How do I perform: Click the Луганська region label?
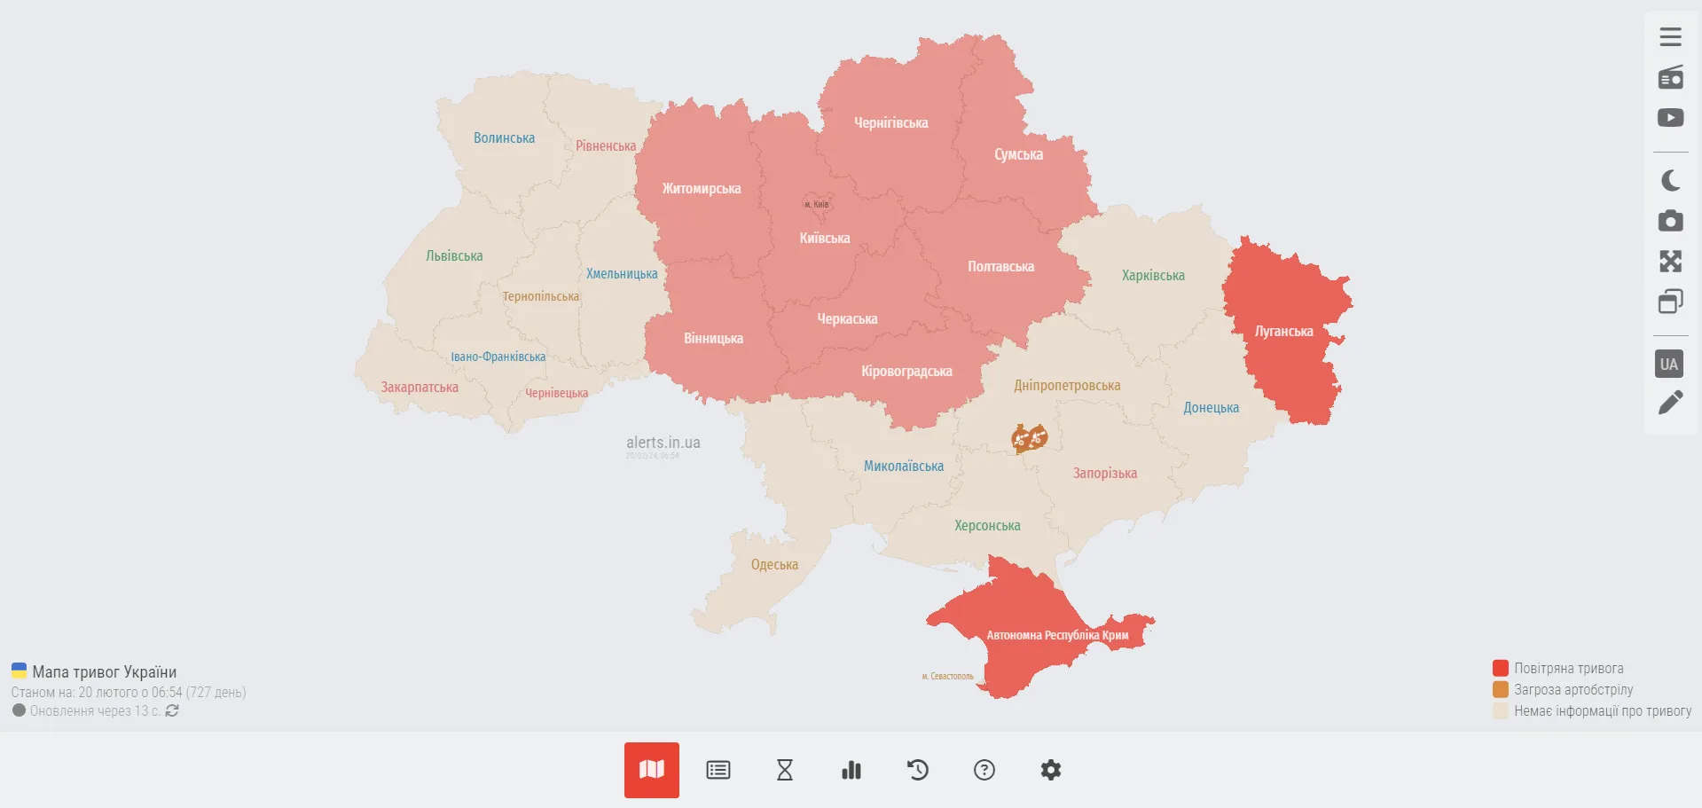pyautogui.click(x=1283, y=332)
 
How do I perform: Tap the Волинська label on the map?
pyautogui.click(x=504, y=138)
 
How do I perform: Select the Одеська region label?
pyautogui.click(x=774, y=565)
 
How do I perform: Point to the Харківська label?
pyautogui.click(x=1153, y=276)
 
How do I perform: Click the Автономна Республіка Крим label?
pyautogui.click(x=1057, y=635)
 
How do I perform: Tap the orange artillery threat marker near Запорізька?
pyautogui.click(x=1030, y=438)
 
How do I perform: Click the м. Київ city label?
pyautogui.click(x=816, y=205)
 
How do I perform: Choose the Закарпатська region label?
pyautogui.click(x=420, y=388)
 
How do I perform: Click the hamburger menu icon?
pyautogui.click(x=1670, y=37)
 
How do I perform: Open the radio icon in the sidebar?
pyautogui.click(x=1670, y=78)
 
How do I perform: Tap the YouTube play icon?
pyautogui.click(x=1670, y=118)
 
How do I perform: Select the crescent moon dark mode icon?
pyautogui.click(x=1670, y=181)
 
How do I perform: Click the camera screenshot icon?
pyautogui.click(x=1670, y=221)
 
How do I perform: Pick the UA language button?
pyautogui.click(x=1669, y=364)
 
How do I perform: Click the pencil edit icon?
pyautogui.click(x=1670, y=404)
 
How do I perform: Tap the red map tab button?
pyautogui.click(x=652, y=770)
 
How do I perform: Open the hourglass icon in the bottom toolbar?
pyautogui.click(x=785, y=770)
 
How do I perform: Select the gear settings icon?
pyautogui.click(x=1051, y=770)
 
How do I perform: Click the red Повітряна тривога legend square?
pyautogui.click(x=1501, y=668)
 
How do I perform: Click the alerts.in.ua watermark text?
pyautogui.click(x=663, y=443)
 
